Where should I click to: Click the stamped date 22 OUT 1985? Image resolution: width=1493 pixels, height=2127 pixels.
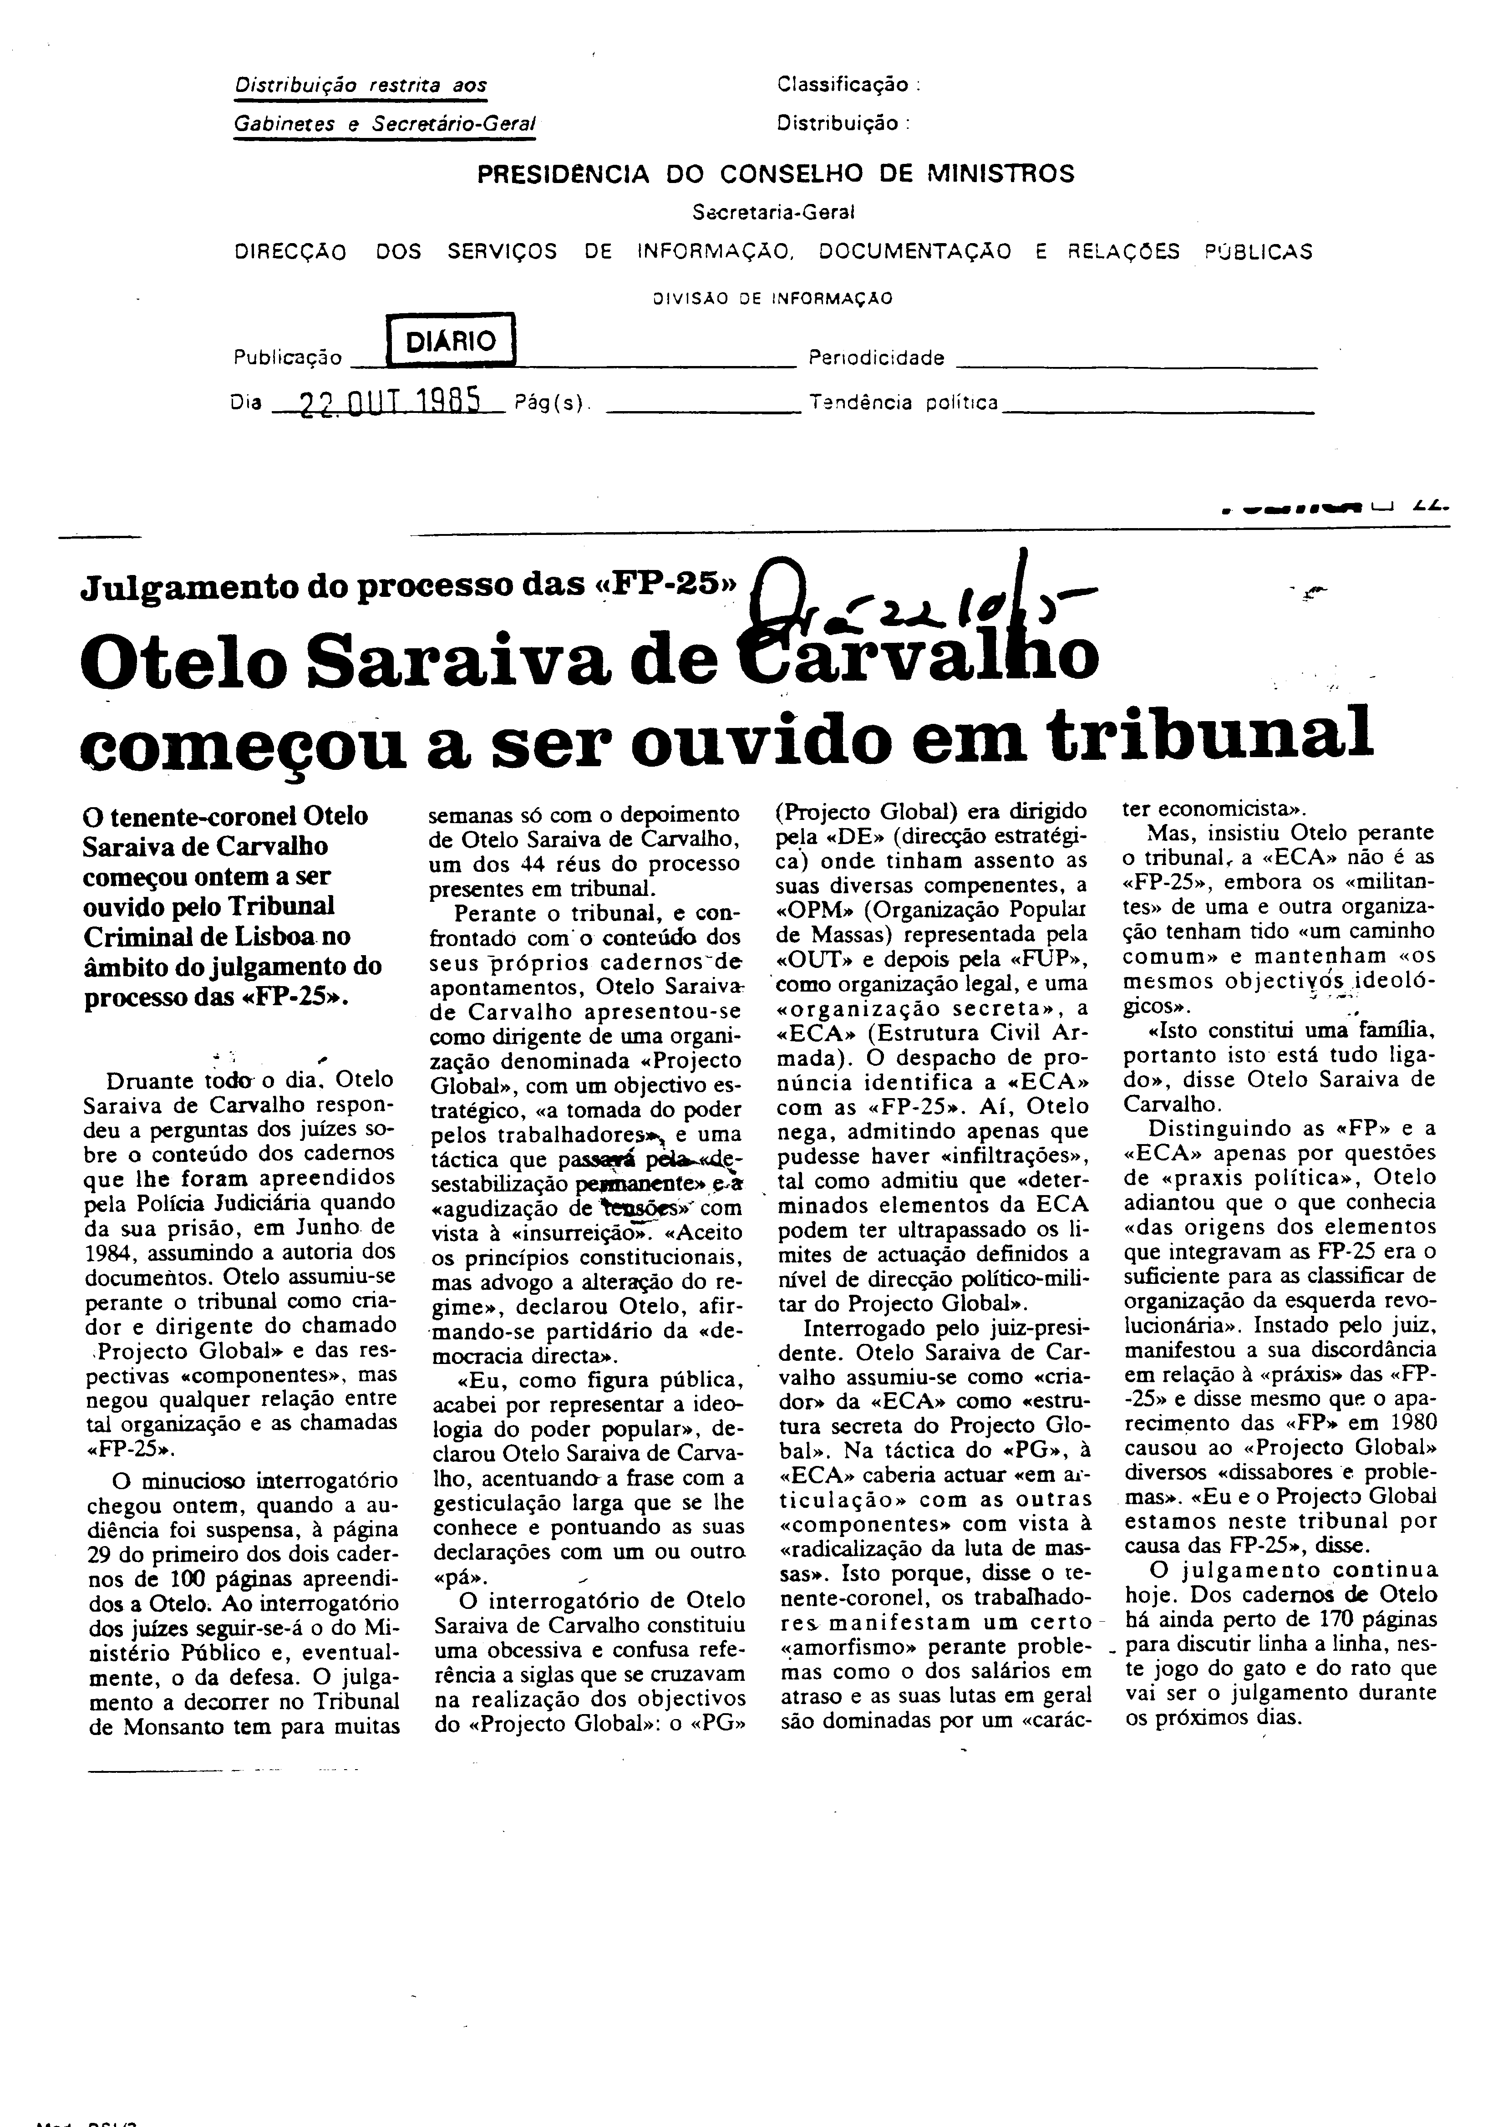(x=390, y=402)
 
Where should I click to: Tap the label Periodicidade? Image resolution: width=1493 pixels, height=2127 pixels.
(x=876, y=357)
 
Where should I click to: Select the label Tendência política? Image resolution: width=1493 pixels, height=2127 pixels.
(x=903, y=403)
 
